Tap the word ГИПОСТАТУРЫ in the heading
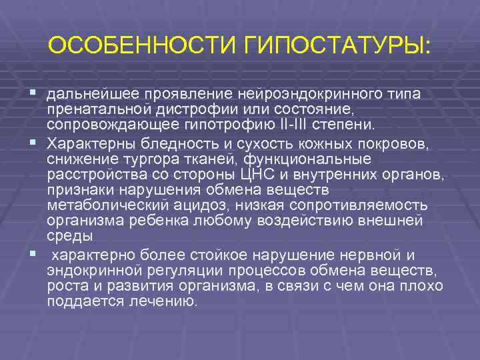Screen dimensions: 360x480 pos(337,47)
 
